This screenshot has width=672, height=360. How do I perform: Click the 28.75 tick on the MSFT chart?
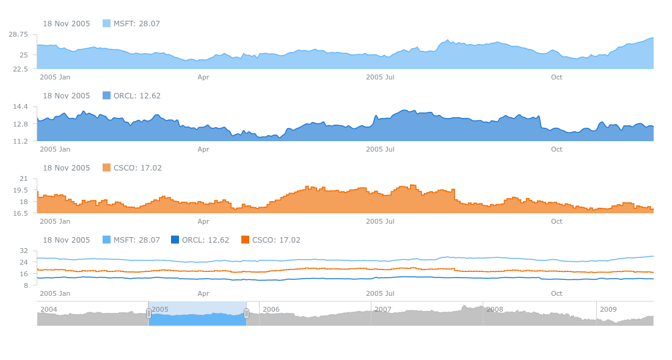click(18, 34)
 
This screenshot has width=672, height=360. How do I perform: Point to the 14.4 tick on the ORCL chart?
click(21, 107)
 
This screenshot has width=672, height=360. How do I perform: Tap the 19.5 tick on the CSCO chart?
click(21, 190)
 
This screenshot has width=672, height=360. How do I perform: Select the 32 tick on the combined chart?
click(24, 251)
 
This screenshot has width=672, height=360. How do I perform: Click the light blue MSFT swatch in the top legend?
click(106, 23)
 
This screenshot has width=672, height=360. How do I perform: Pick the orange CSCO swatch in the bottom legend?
click(246, 240)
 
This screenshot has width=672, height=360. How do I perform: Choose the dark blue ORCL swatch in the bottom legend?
click(175, 240)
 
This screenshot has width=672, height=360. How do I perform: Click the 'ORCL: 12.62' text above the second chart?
click(137, 96)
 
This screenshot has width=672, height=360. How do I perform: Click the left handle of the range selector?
click(148, 314)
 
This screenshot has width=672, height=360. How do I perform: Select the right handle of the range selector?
click(246, 314)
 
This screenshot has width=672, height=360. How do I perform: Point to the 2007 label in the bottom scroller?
click(382, 309)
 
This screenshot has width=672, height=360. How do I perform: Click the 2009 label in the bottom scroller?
click(608, 309)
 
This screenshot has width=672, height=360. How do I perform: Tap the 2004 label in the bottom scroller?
click(48, 309)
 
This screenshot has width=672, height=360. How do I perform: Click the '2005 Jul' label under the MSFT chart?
click(380, 78)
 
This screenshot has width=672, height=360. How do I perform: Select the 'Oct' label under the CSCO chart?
click(557, 222)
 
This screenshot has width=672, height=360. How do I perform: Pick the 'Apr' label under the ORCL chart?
click(203, 150)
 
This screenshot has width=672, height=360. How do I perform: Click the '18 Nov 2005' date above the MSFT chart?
click(66, 24)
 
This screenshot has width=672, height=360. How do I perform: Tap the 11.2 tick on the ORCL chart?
click(21, 141)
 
